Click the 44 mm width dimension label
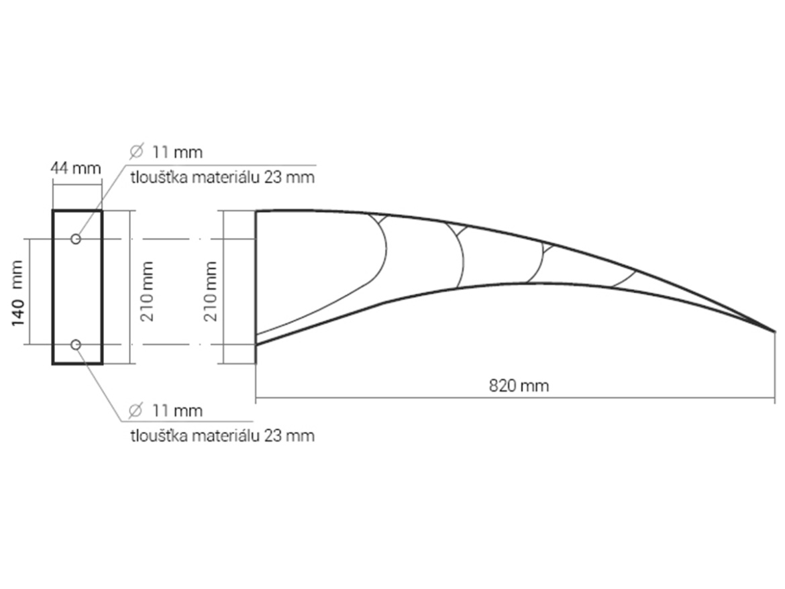[x=76, y=168]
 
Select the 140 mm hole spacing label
[x=17, y=292]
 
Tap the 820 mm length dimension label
[x=519, y=386]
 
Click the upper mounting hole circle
[x=76, y=239]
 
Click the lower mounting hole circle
[x=76, y=345]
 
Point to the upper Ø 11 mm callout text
[x=166, y=152]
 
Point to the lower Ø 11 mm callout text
[x=166, y=411]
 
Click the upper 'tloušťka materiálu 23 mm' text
[x=223, y=178]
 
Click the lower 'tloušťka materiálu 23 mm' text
[x=223, y=436]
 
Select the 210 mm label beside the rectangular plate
[x=148, y=291]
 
